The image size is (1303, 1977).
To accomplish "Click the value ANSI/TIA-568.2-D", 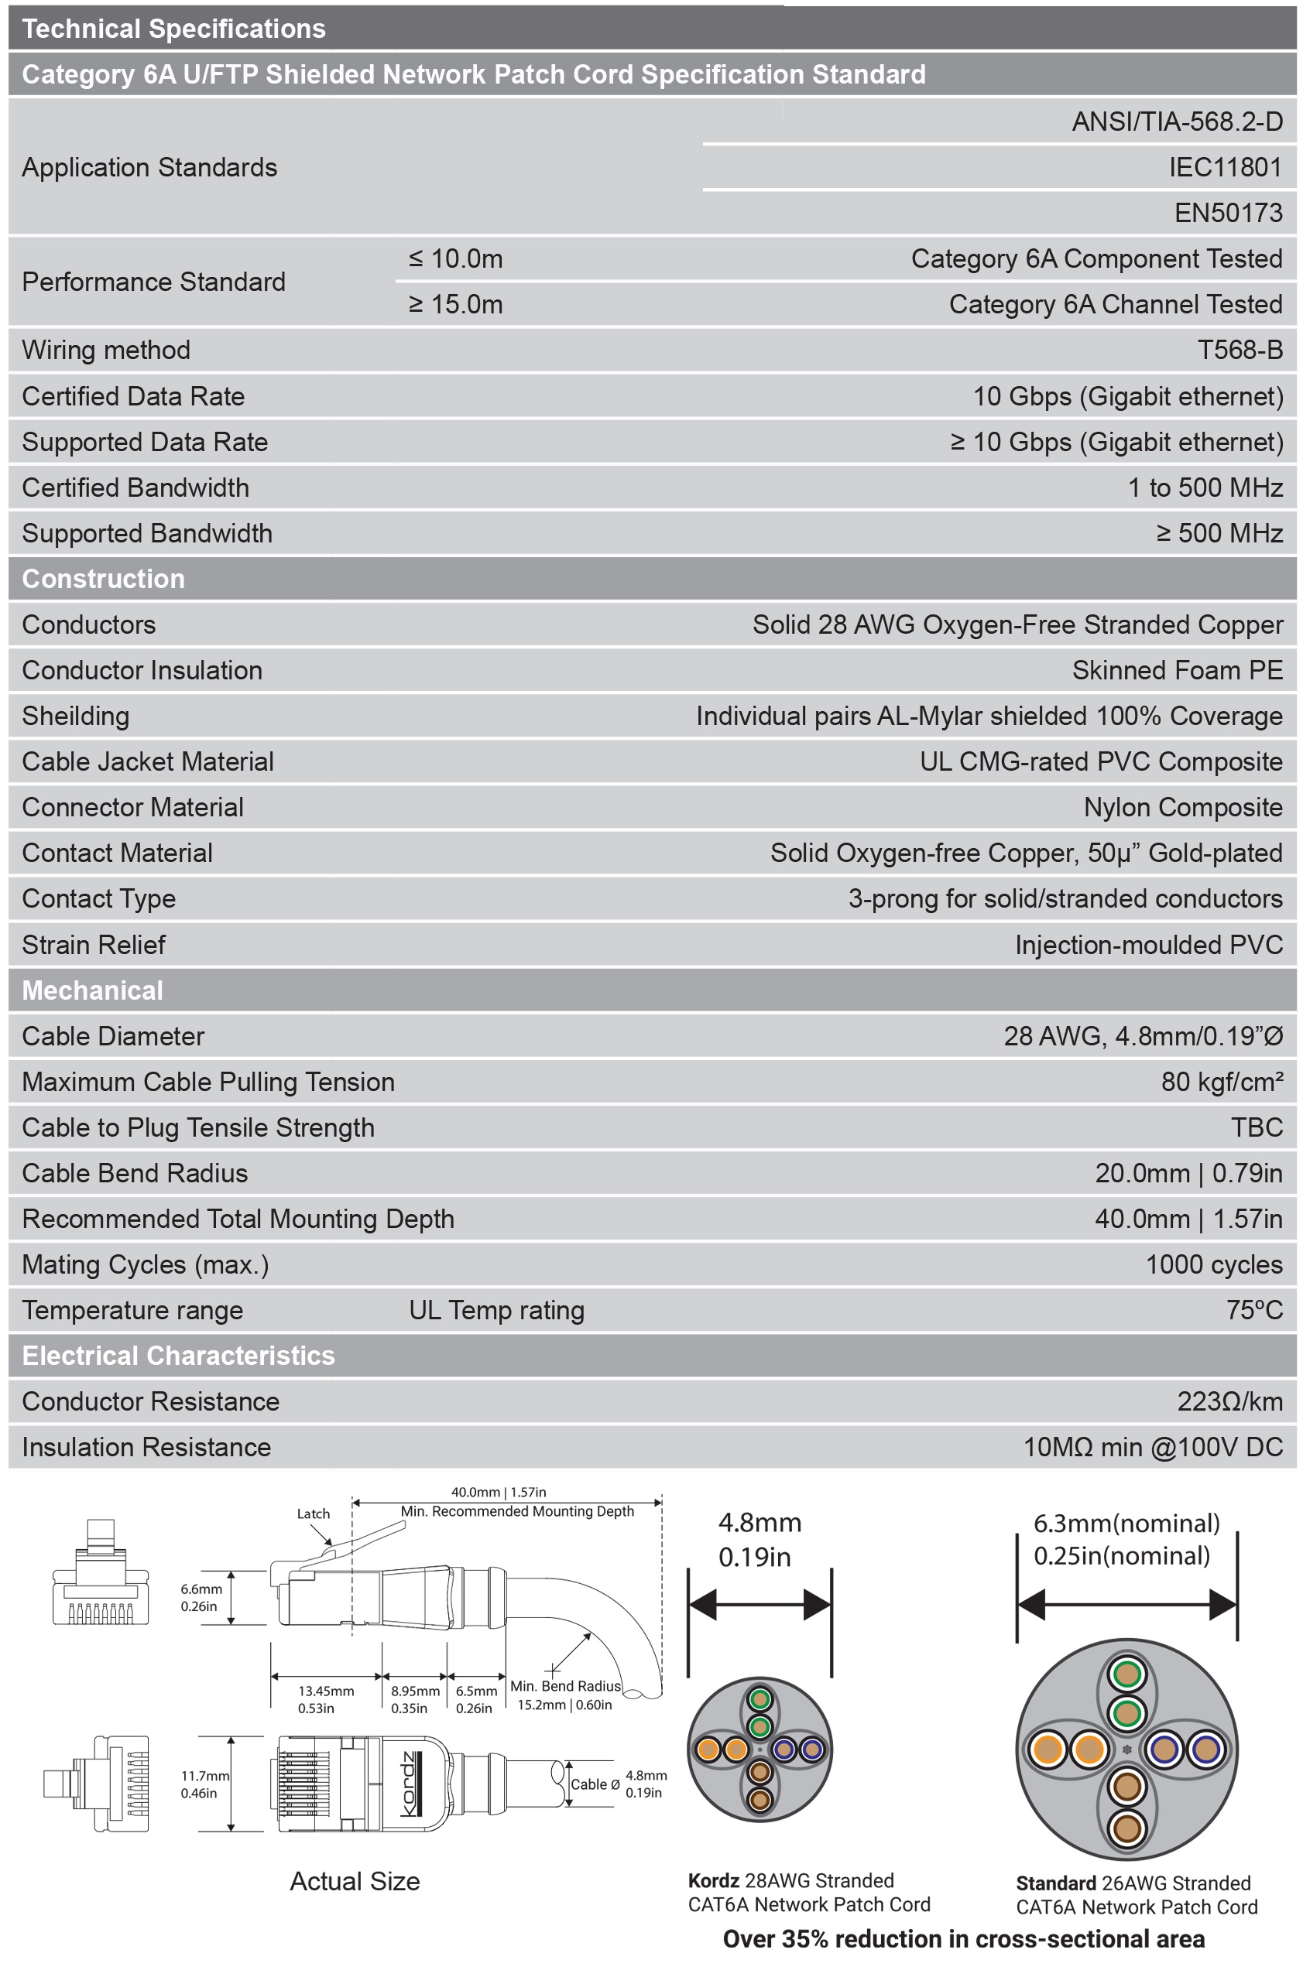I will pos(1177,122).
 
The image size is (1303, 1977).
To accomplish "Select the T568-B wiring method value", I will pos(1239,350).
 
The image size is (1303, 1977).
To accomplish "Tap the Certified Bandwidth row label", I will pos(135,487).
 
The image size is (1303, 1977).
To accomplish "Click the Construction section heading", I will pos(103,579).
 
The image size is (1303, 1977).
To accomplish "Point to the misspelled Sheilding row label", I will pos(76,716).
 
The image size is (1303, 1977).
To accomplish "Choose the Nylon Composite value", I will pos(1182,807).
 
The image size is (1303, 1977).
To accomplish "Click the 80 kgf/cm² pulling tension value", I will pos(1222,1082).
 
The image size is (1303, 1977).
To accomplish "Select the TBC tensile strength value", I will pos(1257,1127).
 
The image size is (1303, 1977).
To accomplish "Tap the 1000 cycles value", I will pos(1213,1264).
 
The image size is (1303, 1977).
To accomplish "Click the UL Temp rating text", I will pos(496,1310).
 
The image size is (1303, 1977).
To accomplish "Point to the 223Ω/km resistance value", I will pos(1229,1401).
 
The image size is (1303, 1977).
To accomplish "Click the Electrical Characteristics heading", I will pos(178,1356).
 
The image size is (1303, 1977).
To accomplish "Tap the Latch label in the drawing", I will pos(314,1514).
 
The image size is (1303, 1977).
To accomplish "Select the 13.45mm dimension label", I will pos(326,1691).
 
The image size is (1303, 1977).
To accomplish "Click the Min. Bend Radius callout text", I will pos(565,1686).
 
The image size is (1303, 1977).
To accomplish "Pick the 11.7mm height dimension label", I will pos(204,1776).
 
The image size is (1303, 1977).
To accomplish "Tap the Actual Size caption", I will pos(355,1882).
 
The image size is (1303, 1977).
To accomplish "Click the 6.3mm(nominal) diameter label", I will pos(1126,1524).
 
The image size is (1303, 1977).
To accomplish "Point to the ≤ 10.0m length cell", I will pos(455,259).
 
